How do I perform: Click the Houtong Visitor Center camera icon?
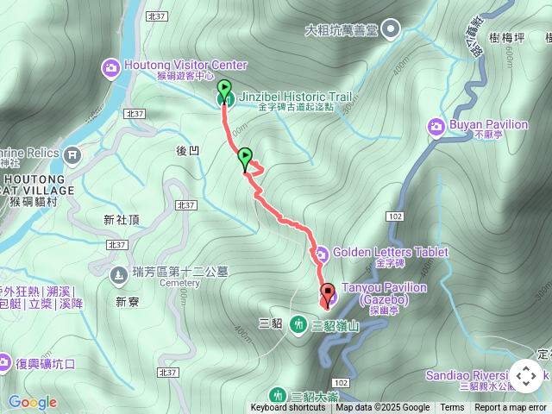click(111, 66)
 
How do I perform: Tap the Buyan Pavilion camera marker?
click(436, 128)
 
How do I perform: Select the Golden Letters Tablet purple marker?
click(321, 254)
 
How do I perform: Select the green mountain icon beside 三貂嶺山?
click(298, 324)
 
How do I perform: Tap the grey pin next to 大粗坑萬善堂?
click(391, 31)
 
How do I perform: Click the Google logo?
click(33, 402)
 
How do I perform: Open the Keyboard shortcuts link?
click(288, 408)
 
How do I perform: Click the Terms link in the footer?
click(452, 408)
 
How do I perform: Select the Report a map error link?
click(511, 408)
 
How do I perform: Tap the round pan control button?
click(526, 377)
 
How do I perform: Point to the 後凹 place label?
click(188, 150)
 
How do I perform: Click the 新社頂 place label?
click(121, 220)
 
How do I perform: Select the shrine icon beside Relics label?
click(72, 155)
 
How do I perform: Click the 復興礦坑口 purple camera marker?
click(4, 363)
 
